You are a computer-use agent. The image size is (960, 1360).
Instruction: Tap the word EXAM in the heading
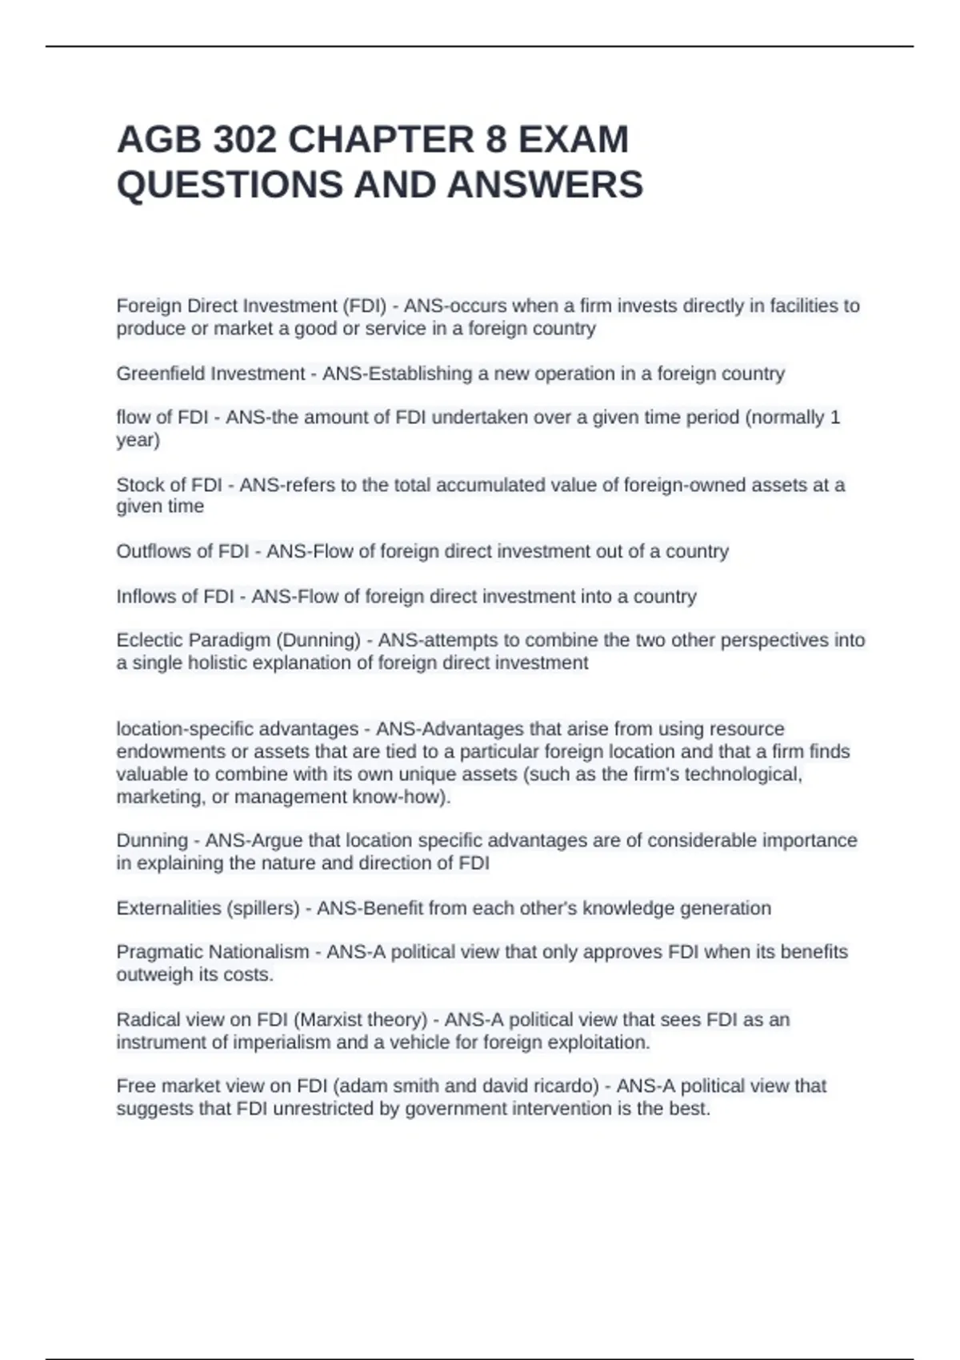tap(573, 140)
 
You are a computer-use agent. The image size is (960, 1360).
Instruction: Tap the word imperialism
tap(281, 1042)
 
